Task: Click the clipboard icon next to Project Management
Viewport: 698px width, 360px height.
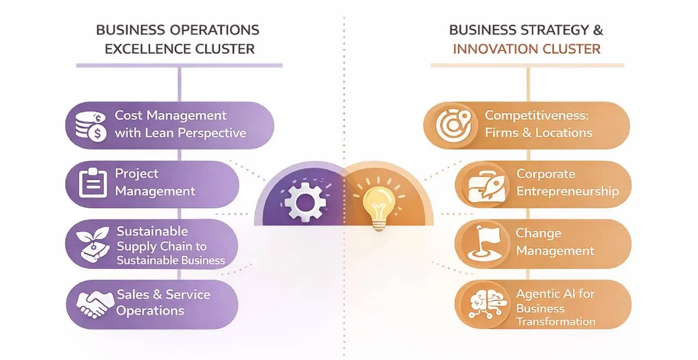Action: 93,183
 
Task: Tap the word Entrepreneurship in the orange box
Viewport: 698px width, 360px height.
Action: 567,192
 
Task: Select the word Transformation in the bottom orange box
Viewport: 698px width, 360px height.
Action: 555,322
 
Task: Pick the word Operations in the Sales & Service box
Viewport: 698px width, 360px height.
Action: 150,310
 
